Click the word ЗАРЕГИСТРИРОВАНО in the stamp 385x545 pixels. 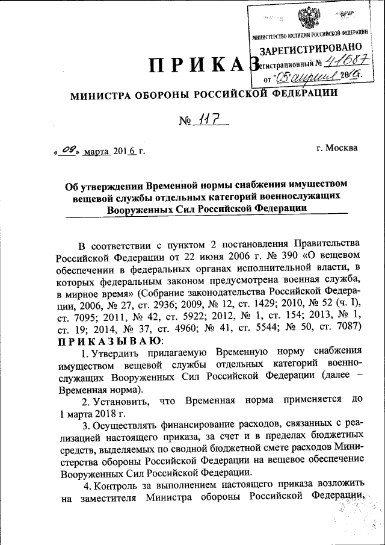click(x=311, y=48)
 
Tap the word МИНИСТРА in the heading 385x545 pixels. click(x=101, y=95)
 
